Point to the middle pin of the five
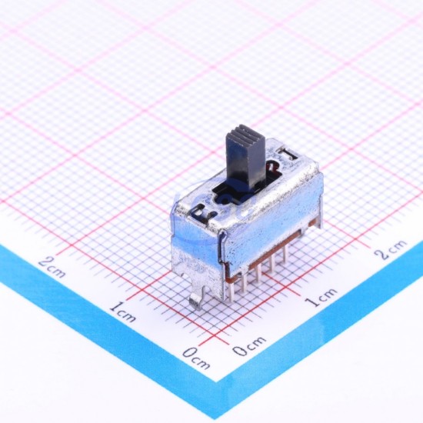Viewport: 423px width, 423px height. pyautogui.click(x=258, y=272)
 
